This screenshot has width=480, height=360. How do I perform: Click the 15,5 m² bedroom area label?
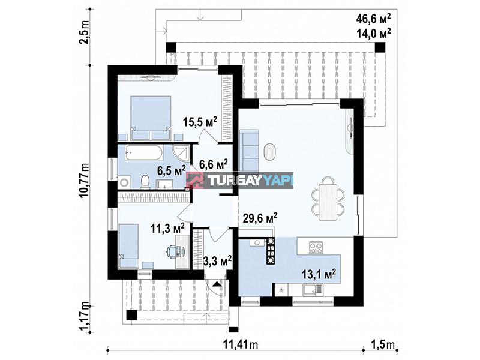pyautogui.click(x=200, y=122)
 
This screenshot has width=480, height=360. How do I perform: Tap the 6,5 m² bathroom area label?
pyautogui.click(x=172, y=170)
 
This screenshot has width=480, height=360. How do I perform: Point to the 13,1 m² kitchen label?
pyautogui.click(x=319, y=274)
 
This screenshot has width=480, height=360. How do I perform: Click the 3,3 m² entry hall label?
pyautogui.click(x=217, y=261)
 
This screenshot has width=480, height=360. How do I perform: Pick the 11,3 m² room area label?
pyautogui.click(x=167, y=228)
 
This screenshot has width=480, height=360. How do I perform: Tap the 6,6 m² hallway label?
pyautogui.click(x=214, y=164)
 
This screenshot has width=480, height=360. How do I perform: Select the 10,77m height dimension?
pyautogui.click(x=84, y=181)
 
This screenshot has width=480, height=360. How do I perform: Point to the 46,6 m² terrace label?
pyautogui.click(x=373, y=19)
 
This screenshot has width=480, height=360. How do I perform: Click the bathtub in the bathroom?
pyautogui.click(x=143, y=152)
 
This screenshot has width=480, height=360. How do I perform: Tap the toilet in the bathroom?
pyautogui.click(x=145, y=182)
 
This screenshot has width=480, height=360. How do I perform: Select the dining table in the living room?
pyautogui.click(x=328, y=202)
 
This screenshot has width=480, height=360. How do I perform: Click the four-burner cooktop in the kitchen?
pyautogui.click(x=316, y=247)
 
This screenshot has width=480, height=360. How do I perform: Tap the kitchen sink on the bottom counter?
pyautogui.click(x=313, y=290)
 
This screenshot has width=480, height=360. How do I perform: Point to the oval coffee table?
pyautogui.click(x=269, y=152)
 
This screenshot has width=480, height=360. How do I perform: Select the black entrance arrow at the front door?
pyautogui.click(x=218, y=284)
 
